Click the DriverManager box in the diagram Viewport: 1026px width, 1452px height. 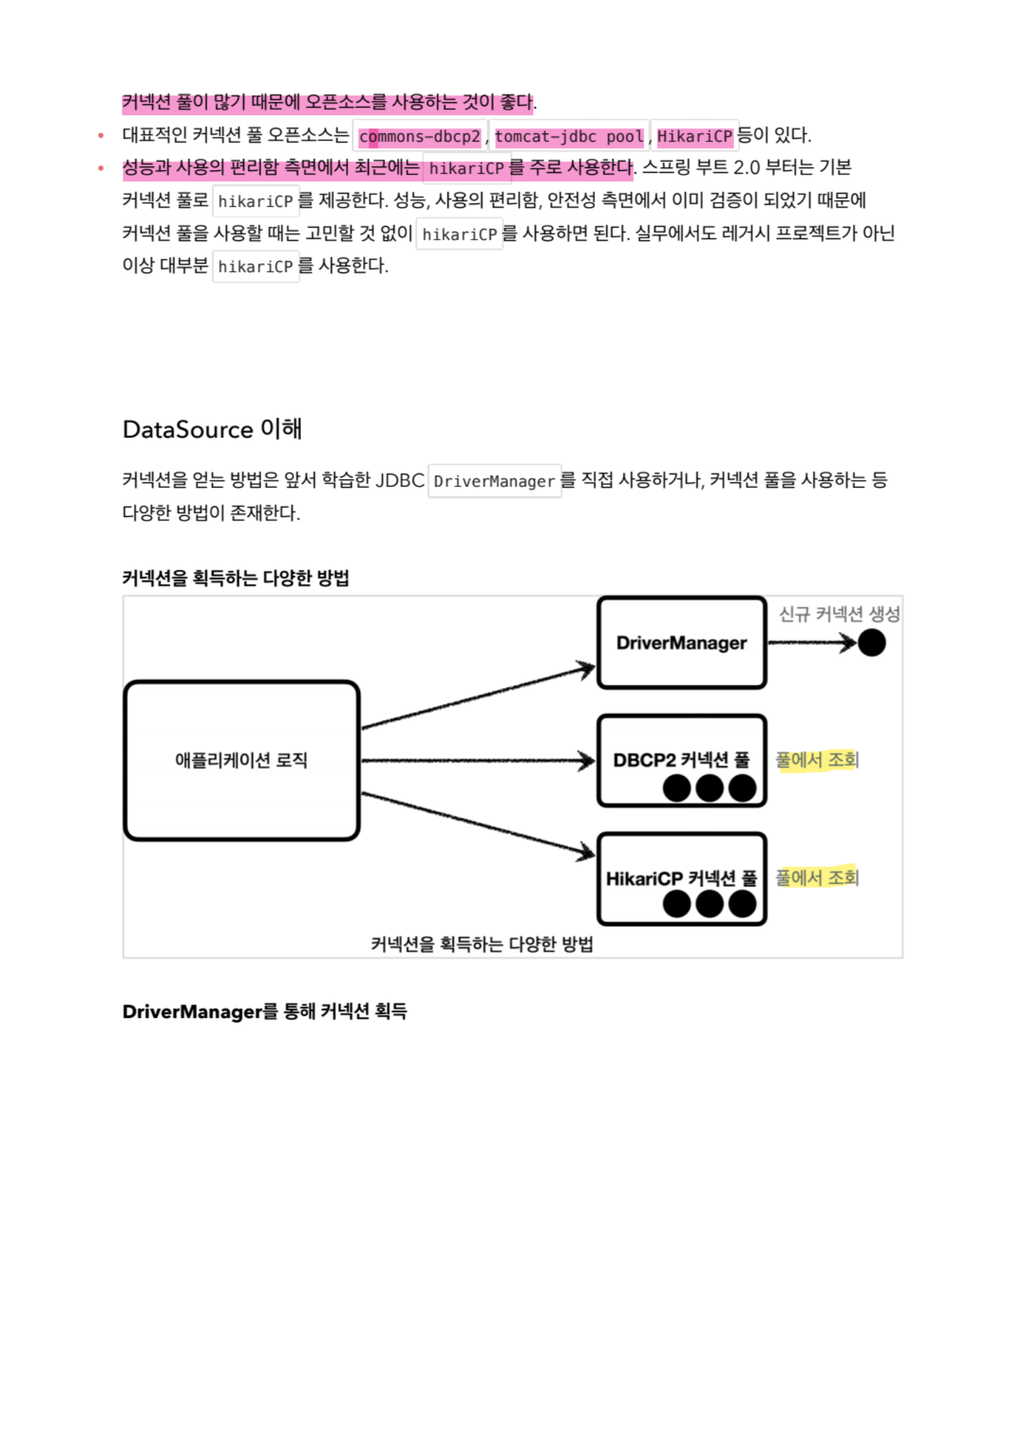pos(681,642)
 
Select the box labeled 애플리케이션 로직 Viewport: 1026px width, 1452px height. pos(241,760)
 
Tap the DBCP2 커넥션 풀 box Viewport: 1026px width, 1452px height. pos(681,760)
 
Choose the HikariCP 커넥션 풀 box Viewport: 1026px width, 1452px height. pos(681,878)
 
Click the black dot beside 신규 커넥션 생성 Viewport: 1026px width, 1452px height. pos(871,643)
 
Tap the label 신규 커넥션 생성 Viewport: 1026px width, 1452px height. pos(839,614)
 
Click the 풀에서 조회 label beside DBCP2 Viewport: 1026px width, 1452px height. pos(817,760)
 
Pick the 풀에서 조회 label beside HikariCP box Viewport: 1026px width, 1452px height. pos(817,878)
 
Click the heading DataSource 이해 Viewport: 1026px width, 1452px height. pos(212,429)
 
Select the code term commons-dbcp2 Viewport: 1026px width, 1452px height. pos(420,136)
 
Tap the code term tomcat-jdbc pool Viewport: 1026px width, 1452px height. pos(569,136)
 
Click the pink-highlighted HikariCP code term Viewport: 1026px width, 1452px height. pos(694,136)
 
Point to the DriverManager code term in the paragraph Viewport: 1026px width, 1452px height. pos(494,481)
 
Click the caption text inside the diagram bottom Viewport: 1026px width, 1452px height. pos(481,944)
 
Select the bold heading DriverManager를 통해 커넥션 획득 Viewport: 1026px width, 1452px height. pos(264,1011)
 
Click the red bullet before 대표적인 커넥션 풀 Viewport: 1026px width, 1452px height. pos(101,135)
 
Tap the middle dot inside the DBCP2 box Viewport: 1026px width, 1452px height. pos(709,788)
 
